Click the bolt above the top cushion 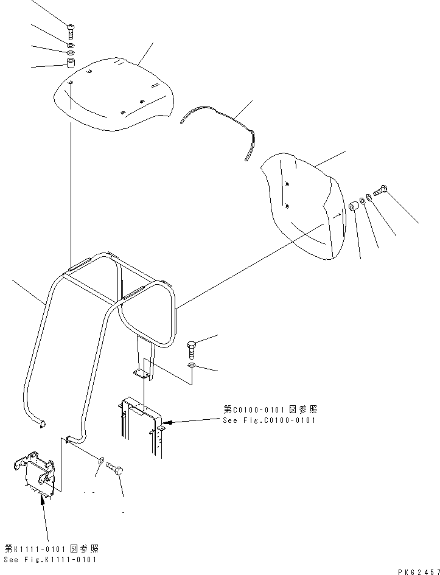pyautogui.click(x=69, y=27)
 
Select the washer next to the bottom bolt pyautogui.click(x=100, y=460)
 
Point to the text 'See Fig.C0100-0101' pyautogui.click(x=269, y=420)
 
